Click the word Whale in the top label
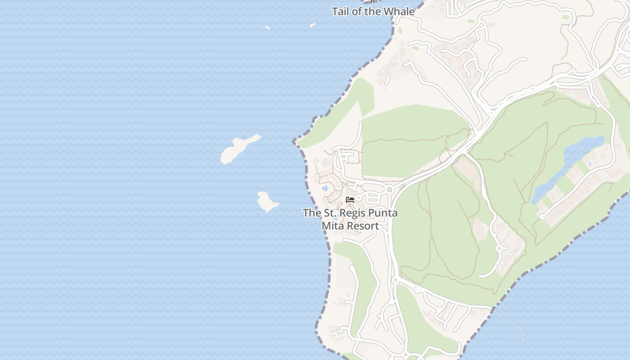coord(400,12)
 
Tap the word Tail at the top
coord(340,12)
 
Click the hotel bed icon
coord(350,199)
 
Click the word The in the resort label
coord(311,213)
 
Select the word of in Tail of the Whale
coord(357,12)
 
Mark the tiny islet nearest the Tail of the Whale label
coord(312,25)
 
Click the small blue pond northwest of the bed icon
coord(324,188)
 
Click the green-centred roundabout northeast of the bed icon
coord(389,189)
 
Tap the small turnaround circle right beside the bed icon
coord(358,198)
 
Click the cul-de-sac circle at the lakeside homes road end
coord(542,217)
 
